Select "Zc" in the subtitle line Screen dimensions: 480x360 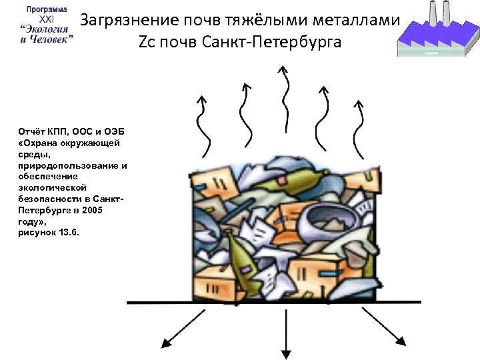click(x=146, y=43)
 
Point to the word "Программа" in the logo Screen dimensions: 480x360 click(x=46, y=10)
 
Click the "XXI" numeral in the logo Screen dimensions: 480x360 click(x=46, y=19)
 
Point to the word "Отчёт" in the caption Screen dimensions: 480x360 click(x=30, y=132)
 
